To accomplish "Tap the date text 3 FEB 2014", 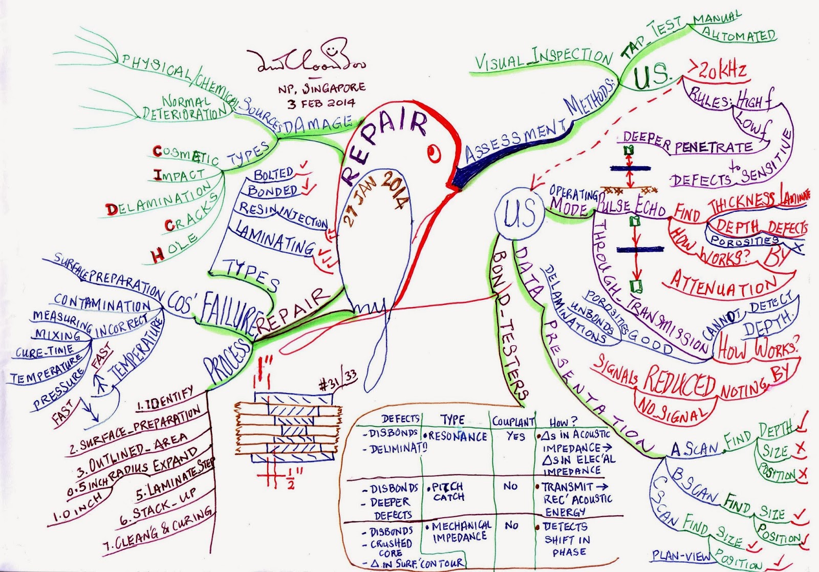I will (321, 103).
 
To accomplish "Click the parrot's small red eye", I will (435, 152).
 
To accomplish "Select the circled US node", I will (519, 213).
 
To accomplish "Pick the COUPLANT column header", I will (513, 422).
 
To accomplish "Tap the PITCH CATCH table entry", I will (448, 492).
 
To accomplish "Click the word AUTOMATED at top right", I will (739, 35).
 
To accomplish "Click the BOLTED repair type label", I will (273, 174).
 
